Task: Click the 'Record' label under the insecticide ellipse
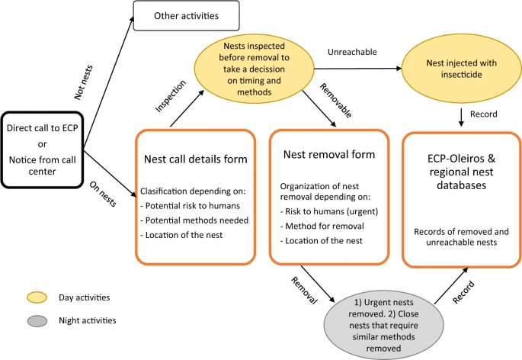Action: (483, 113)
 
